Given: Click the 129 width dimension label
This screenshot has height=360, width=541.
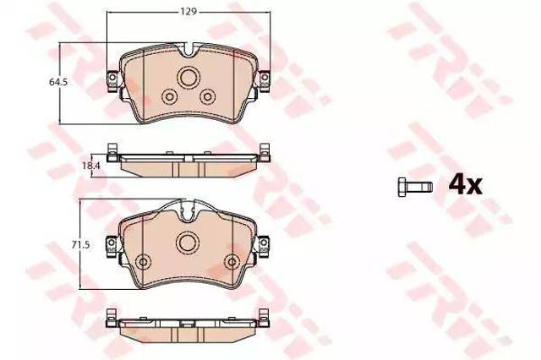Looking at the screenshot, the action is tap(189, 11).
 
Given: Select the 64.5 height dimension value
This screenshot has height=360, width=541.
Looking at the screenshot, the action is tap(58, 83).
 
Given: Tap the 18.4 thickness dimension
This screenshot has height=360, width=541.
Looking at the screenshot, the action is tap(91, 166).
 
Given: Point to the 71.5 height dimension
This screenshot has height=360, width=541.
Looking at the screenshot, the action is tap(80, 245).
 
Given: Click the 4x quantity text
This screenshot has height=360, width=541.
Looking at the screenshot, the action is tap(465, 186).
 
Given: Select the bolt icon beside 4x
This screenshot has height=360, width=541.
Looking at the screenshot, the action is tap(415, 188).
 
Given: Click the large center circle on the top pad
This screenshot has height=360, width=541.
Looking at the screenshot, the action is tap(189, 78).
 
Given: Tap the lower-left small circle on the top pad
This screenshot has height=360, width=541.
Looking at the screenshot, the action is tap(169, 97).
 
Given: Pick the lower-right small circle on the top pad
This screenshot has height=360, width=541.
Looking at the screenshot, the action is tap(208, 97).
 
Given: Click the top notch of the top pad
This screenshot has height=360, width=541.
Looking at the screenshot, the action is tap(189, 49).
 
